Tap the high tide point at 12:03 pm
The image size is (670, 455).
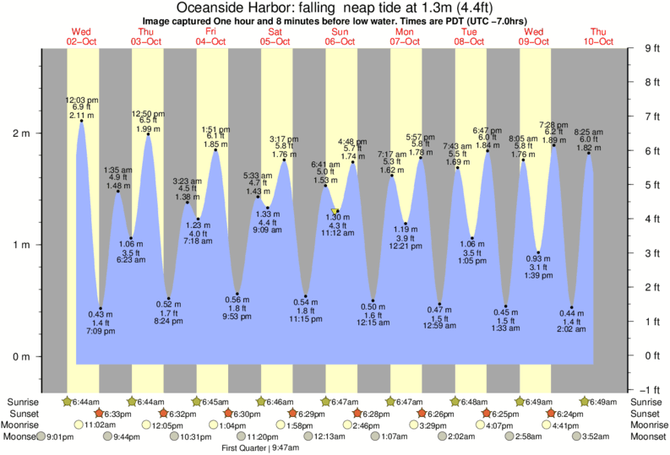click(x=82, y=121)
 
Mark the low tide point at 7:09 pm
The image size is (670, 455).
click(x=101, y=308)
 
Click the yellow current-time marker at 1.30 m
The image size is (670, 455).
click(x=335, y=211)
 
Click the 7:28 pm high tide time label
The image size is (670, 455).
click(x=554, y=125)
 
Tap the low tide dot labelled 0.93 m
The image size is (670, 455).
click(x=538, y=252)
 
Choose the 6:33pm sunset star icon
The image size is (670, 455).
click(x=99, y=414)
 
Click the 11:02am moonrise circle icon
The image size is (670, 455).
click(x=79, y=425)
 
